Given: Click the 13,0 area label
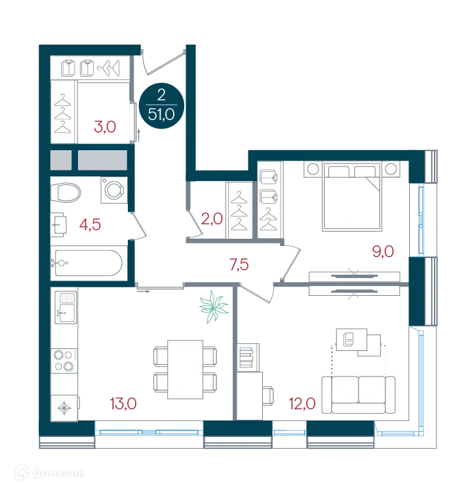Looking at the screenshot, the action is tap(123, 403).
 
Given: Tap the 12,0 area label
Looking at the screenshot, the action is tap(302, 403).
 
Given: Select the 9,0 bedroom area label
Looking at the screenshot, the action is tap(383, 251).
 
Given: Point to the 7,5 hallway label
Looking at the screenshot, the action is tap(239, 264).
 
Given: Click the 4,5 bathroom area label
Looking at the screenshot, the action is tap(90, 224).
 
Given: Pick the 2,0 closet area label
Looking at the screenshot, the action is tap(212, 218).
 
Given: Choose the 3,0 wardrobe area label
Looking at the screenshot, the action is tap(105, 127).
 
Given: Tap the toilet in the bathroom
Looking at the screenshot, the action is tap(66, 192).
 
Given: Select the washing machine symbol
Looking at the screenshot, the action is tap(114, 190).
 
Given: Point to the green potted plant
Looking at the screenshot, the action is tap(214, 307).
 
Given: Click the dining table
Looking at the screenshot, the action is tap(186, 369).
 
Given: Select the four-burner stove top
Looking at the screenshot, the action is tap(65, 360).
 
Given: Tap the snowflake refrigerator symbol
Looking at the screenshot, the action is tap(64, 408).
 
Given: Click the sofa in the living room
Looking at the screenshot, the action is tap(359, 395).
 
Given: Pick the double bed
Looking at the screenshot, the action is tap(352, 197).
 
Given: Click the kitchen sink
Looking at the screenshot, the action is tap(66, 308).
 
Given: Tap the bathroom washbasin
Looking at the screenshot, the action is tap(59, 224).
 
